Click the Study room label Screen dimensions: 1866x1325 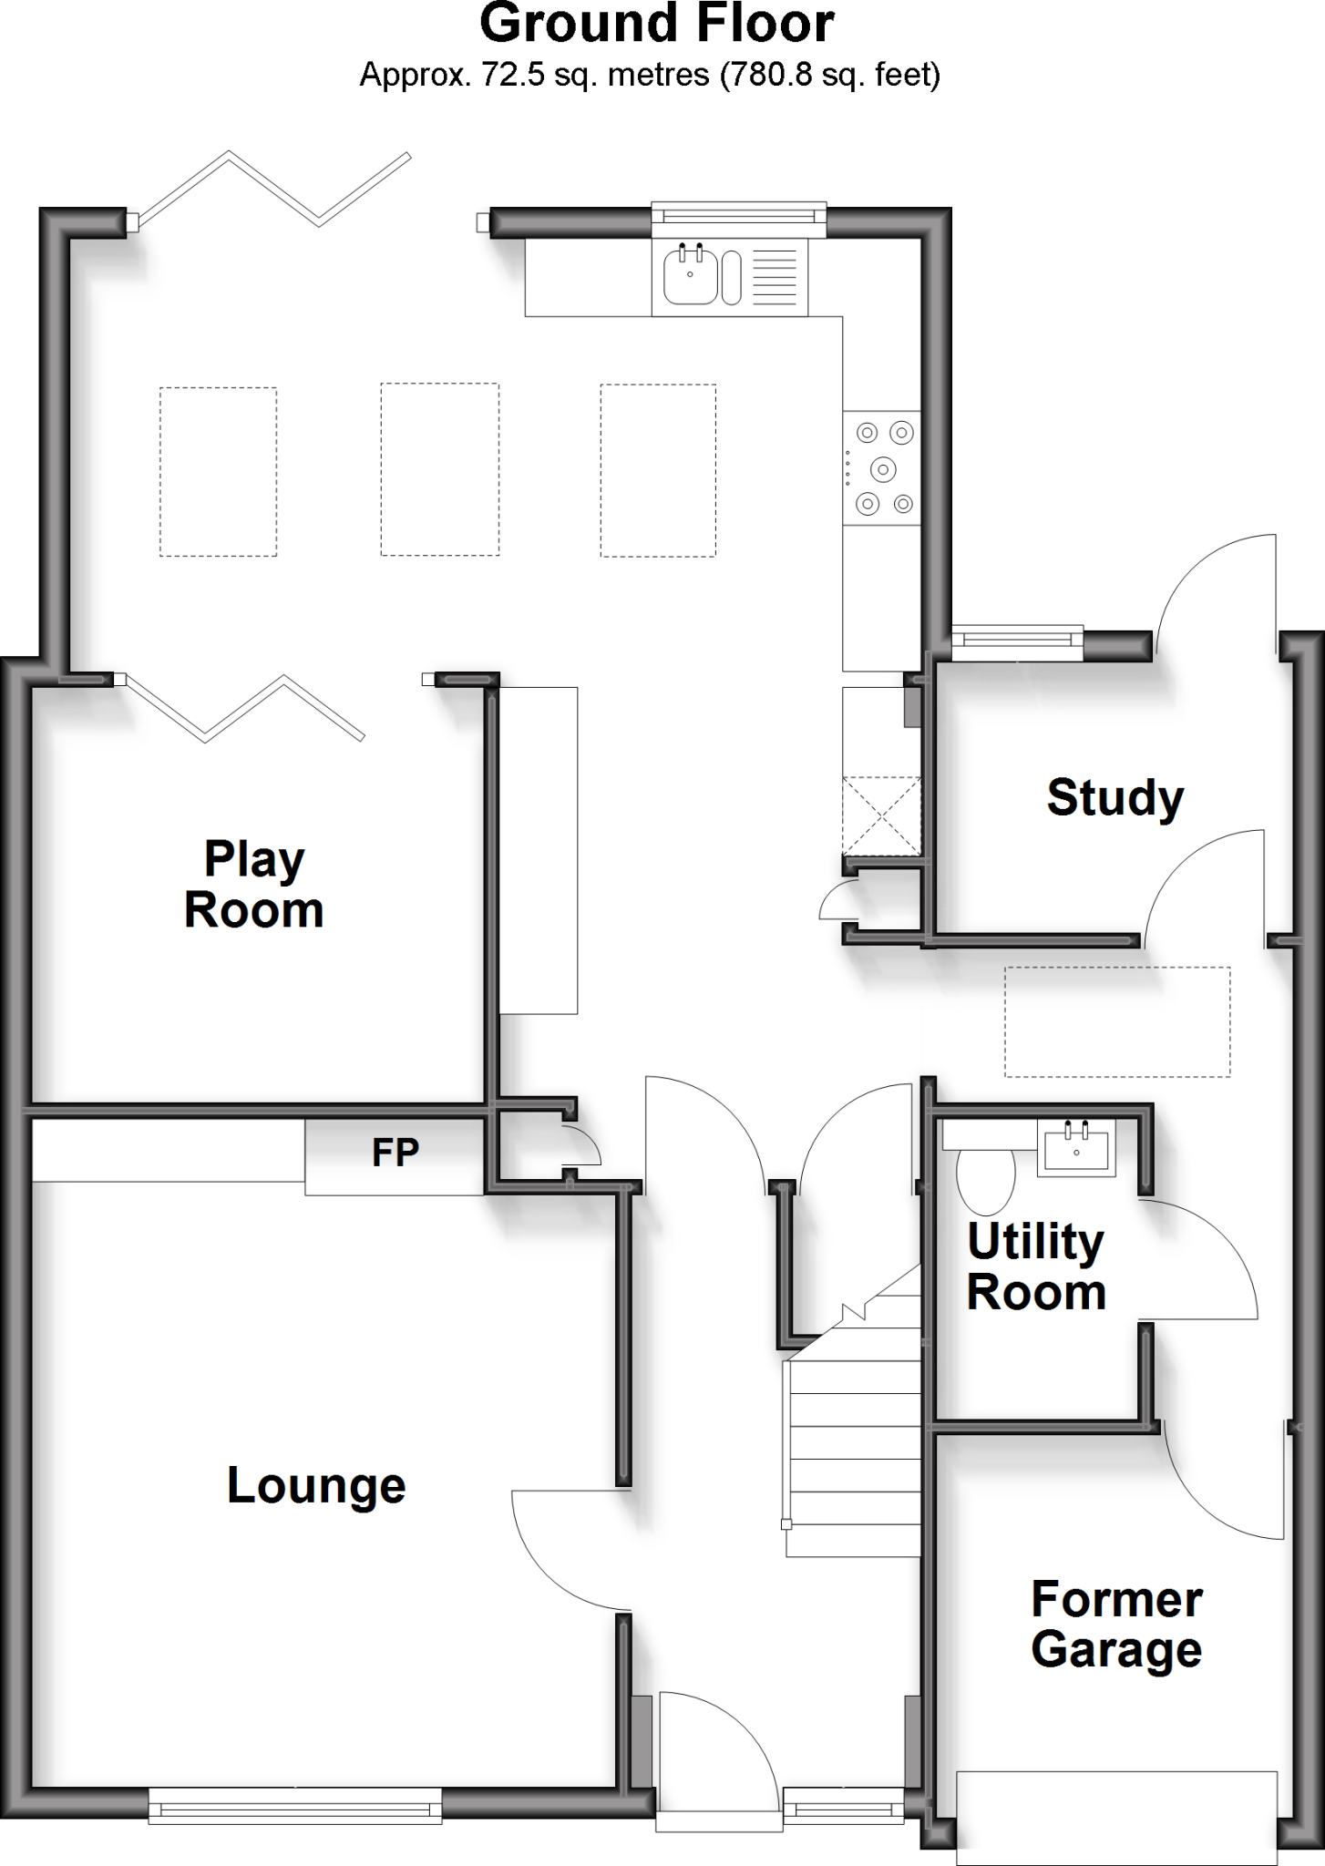(1114, 798)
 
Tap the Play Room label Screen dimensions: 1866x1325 (254, 885)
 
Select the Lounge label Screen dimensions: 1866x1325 (316, 1485)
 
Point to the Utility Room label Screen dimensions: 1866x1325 (1036, 1266)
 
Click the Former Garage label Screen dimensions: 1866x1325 (1116, 1625)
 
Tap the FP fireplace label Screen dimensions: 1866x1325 (395, 1153)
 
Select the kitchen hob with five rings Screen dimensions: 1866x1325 (881, 468)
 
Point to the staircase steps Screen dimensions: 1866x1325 (854, 1449)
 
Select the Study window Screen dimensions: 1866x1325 (1017, 642)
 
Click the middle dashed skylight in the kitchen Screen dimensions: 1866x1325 (439, 469)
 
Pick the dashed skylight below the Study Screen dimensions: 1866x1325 (1117, 1021)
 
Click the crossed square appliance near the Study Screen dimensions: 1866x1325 (881, 815)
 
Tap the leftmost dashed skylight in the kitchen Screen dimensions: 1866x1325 (218, 471)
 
